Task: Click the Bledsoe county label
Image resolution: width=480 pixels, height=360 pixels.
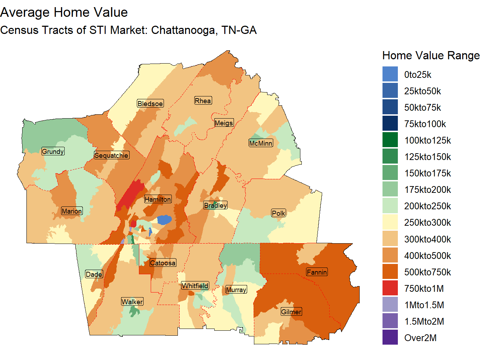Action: (150, 104)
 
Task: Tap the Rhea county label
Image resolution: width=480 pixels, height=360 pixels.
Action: (203, 101)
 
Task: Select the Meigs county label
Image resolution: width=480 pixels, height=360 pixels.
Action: (224, 123)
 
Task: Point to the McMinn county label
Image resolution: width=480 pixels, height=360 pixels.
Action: (261, 143)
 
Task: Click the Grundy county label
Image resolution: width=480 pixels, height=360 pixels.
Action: (53, 151)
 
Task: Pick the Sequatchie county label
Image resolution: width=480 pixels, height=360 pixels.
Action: (111, 155)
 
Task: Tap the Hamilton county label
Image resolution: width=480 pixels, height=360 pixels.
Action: (158, 199)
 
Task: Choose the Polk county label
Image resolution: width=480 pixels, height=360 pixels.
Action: (279, 213)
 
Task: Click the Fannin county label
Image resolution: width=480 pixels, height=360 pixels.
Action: (317, 272)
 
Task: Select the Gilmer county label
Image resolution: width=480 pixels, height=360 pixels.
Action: (291, 312)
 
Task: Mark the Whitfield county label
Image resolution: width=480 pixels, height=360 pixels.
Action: (195, 286)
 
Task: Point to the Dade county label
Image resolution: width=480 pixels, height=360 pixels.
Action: (94, 274)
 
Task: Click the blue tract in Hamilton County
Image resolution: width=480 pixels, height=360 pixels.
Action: (164, 220)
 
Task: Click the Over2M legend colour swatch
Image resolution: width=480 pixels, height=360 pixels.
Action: (390, 337)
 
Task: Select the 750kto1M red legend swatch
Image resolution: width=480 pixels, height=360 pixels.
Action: (390, 288)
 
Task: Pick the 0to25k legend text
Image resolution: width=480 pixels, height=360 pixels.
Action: (417, 75)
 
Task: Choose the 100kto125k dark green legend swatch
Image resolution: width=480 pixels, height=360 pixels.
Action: (390, 140)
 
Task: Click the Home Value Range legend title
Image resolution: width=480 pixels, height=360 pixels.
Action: (430, 55)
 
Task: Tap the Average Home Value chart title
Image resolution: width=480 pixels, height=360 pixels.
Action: (64, 12)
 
